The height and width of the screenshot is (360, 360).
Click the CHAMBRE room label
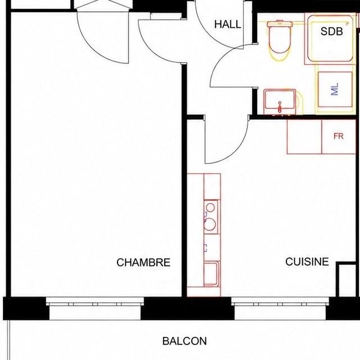coord(143,263)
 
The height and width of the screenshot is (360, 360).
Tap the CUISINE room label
coord(307,262)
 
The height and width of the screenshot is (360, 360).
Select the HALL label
coord(227,24)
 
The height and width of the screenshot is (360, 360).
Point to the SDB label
coord(331,31)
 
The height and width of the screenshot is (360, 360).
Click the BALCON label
coord(184,341)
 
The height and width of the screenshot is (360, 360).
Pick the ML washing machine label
coord(335,89)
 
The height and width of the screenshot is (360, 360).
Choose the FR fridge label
coord(339,136)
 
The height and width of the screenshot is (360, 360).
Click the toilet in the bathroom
coord(280,40)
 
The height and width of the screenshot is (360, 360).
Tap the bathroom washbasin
coord(280,102)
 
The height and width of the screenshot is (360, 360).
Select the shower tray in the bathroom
coord(330,39)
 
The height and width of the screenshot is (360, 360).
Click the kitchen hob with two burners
coord(210,217)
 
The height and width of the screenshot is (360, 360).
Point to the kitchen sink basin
coord(211,274)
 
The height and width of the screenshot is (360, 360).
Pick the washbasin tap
coord(280,107)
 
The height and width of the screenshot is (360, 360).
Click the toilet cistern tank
coord(280,24)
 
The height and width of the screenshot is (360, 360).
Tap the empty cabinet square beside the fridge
coord(304,137)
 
